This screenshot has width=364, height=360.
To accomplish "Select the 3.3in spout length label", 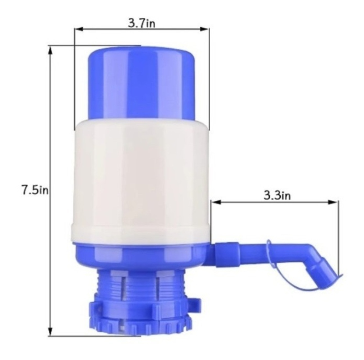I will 277,196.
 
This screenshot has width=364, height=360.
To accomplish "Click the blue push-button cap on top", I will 142,82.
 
